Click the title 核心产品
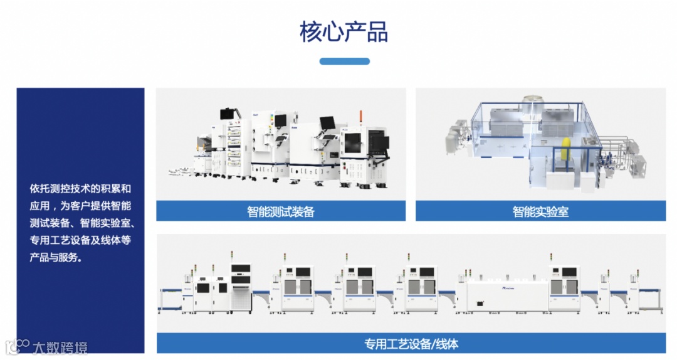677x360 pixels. click(344, 31)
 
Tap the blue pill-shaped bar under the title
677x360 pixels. click(344, 61)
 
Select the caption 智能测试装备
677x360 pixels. click(281, 211)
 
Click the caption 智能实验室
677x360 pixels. click(540, 211)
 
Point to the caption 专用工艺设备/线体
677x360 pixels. click(411, 344)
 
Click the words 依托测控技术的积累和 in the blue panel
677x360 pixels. click(80, 188)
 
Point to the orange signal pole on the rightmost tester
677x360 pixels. click(361, 117)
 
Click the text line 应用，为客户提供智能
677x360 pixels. click(80, 206)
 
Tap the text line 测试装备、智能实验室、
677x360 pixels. click(80, 223)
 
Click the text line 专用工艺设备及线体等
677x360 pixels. click(80, 240)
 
